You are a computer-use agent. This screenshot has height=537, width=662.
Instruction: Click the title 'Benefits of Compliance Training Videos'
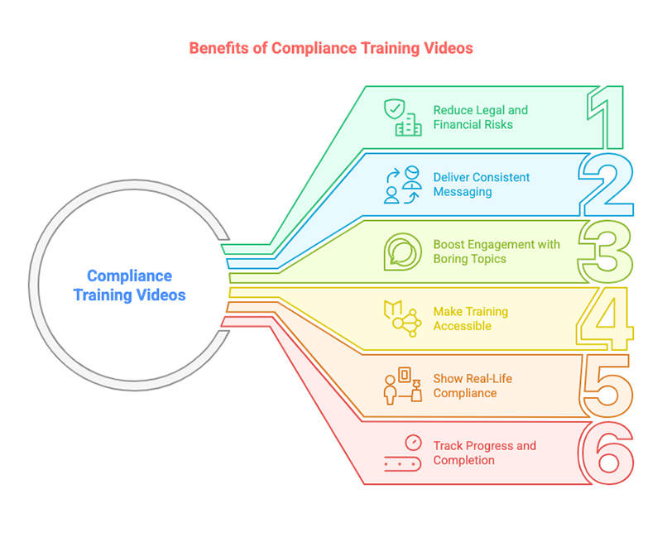(331, 48)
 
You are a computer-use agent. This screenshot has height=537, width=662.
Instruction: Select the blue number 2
(606, 185)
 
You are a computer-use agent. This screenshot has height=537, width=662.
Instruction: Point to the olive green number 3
(606, 252)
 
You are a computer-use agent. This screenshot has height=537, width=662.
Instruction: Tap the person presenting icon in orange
(402, 386)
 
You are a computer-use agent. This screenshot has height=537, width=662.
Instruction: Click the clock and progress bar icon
(402, 453)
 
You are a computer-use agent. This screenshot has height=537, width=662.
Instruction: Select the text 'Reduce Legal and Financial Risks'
(480, 117)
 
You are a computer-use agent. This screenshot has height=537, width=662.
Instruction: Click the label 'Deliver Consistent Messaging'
(481, 185)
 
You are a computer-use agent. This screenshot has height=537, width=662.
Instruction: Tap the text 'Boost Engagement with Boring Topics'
(496, 252)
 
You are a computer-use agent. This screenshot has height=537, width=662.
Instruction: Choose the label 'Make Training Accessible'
(469, 319)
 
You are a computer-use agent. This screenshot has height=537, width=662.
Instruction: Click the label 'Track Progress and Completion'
(484, 453)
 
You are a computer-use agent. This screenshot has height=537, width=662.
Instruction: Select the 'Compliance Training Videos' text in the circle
(129, 285)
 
